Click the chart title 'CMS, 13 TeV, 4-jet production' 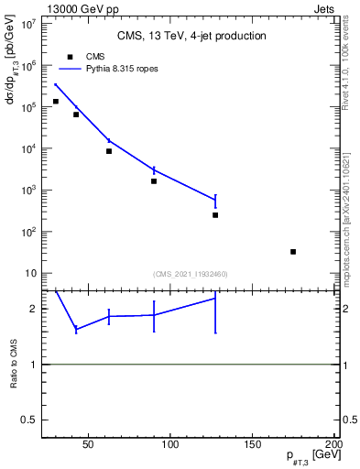(x=191, y=37)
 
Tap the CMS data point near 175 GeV (x=293, y=252)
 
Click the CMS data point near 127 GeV (x=215, y=215)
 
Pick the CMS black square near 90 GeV (x=154, y=181)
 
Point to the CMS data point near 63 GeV (x=109, y=151)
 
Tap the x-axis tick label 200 (x=334, y=446)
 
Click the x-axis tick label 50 (x=89, y=446)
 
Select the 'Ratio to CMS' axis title (x=14, y=364)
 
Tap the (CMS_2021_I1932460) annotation (x=191, y=274)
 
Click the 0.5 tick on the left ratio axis (x=32, y=420)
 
